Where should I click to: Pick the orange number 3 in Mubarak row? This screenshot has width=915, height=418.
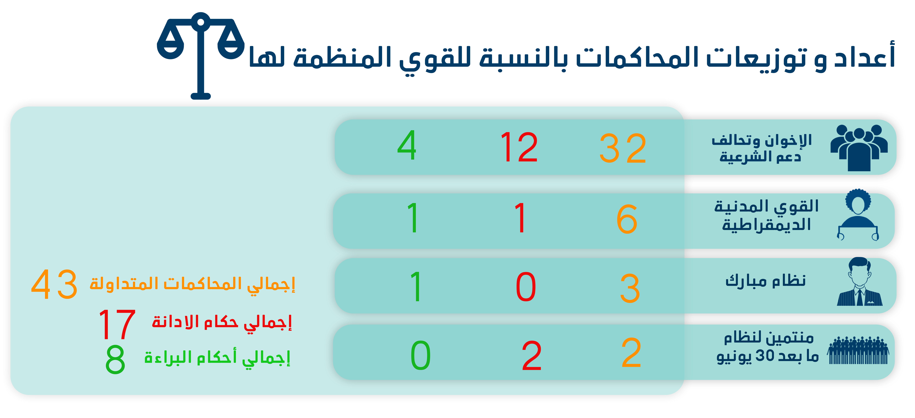click(630, 288)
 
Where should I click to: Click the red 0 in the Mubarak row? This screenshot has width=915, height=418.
click(526, 287)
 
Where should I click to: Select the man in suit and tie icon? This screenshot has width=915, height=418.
click(860, 282)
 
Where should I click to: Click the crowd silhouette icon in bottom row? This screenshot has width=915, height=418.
click(858, 350)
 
